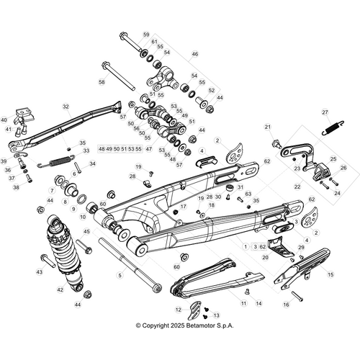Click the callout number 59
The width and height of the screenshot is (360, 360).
click(146, 35)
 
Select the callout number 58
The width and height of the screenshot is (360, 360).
click(102, 83)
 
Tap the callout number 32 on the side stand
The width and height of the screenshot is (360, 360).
click(66, 107)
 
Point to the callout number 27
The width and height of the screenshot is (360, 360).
click(325, 112)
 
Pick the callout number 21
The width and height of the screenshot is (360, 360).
click(268, 127)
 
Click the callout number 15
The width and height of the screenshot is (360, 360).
click(330, 274)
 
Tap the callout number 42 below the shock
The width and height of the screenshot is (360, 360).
click(60, 289)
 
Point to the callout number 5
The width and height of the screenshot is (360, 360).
click(120, 275)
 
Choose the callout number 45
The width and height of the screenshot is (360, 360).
click(86, 232)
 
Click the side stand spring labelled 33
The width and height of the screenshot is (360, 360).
click(61, 159)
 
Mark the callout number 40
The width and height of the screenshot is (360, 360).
click(4, 120)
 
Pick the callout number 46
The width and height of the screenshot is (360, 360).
click(194, 54)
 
